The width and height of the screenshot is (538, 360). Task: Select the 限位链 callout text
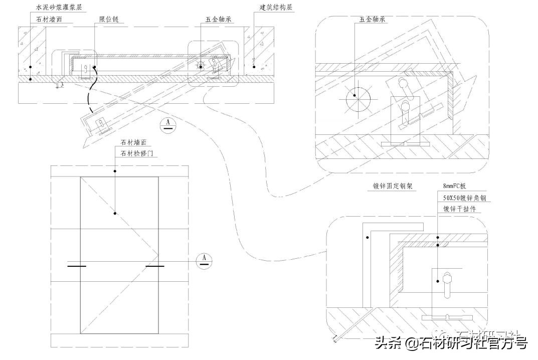[109, 20]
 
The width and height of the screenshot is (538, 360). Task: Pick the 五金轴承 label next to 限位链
[217, 20]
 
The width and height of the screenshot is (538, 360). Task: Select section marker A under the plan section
[168, 125]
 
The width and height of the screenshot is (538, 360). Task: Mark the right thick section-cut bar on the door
[155, 266]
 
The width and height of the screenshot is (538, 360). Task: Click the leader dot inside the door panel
[115, 213]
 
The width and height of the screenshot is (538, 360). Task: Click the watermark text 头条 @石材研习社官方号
[450, 343]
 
